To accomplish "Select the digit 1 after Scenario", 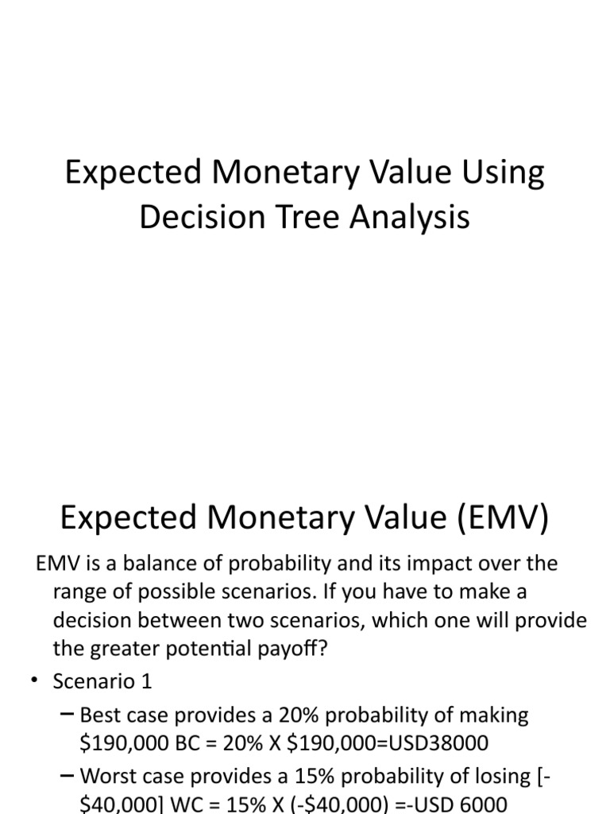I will (x=146, y=681).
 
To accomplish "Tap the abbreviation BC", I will (x=218, y=742).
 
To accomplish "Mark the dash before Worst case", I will (x=68, y=775).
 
